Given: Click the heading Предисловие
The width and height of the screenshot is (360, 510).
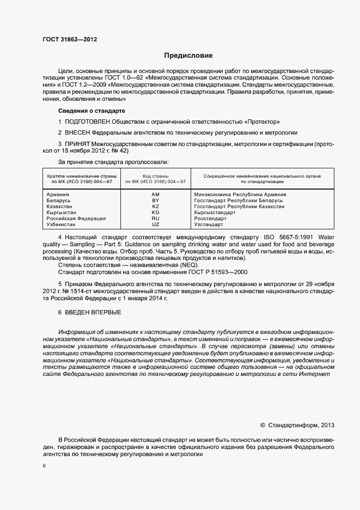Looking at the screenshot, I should coord(188,56).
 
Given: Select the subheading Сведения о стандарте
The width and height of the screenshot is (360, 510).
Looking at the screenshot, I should coord(88,111).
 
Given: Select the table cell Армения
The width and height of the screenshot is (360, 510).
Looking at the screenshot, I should coord(58,195).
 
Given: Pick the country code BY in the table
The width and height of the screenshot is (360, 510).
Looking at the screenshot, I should coord(155,201).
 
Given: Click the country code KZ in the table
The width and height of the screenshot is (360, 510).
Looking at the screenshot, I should coord(155,207).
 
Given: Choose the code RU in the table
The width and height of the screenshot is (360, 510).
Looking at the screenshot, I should coord(155,218).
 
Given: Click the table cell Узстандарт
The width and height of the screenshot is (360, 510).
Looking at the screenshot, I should coord(209,224).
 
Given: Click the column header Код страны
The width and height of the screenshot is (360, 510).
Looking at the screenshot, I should coord(156,177).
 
